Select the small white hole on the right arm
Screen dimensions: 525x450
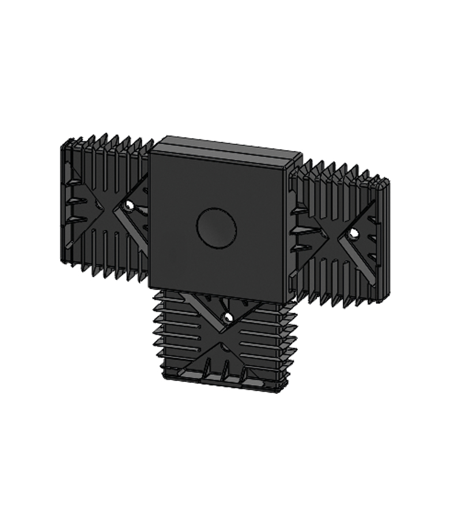[353, 233]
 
